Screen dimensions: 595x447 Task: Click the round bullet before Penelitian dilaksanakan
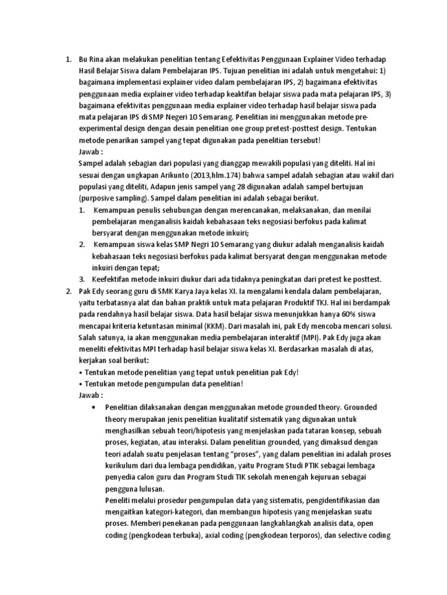[94, 408]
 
